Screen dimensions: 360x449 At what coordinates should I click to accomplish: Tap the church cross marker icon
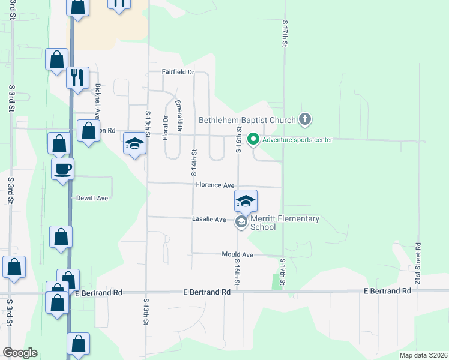click(x=305, y=119)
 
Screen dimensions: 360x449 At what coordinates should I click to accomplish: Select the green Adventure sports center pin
click(x=253, y=140)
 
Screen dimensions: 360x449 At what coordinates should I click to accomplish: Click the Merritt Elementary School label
click(x=285, y=223)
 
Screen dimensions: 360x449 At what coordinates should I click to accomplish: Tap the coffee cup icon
click(x=62, y=169)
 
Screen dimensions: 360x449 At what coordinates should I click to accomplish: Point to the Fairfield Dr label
click(x=178, y=72)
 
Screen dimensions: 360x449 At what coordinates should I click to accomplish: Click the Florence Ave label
click(x=215, y=185)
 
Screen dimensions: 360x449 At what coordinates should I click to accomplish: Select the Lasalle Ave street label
click(x=209, y=220)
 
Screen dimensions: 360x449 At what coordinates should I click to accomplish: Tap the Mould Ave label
click(x=238, y=255)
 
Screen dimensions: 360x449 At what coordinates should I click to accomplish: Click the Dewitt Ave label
click(x=92, y=198)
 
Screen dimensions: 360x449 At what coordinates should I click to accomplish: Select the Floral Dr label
click(x=165, y=128)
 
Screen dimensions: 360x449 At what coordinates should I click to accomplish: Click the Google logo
click(x=20, y=353)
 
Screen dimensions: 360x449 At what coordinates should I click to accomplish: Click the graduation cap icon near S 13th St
click(x=134, y=143)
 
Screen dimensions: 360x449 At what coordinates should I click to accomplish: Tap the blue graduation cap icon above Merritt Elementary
click(x=245, y=201)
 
